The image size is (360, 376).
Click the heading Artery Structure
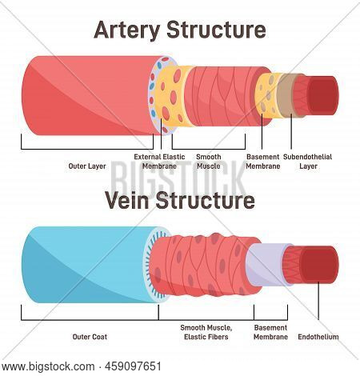coord(180,30)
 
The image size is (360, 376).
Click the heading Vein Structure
coord(179,200)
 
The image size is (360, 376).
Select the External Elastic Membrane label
coord(158,161)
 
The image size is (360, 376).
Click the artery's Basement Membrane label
coord(263,161)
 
